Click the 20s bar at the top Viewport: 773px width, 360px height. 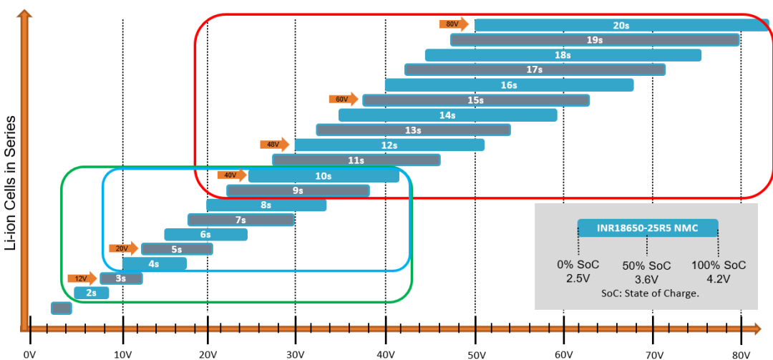621,25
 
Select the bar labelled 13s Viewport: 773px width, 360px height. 413,130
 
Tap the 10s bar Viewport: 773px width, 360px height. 323,175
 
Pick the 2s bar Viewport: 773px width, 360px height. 91,293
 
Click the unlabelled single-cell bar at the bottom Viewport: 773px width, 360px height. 61,308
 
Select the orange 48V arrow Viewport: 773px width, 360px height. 274,144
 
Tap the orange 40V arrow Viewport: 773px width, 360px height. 232,175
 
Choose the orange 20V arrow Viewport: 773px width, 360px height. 123,248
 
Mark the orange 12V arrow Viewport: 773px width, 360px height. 82,278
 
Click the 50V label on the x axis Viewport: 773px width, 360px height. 475,354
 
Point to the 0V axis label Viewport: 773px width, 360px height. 29,354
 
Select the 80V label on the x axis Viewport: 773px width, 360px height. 741,354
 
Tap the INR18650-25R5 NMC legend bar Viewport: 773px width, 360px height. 647,228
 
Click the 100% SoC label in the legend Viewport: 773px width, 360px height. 719,265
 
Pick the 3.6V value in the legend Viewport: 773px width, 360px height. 647,278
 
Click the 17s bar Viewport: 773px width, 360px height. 535,69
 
